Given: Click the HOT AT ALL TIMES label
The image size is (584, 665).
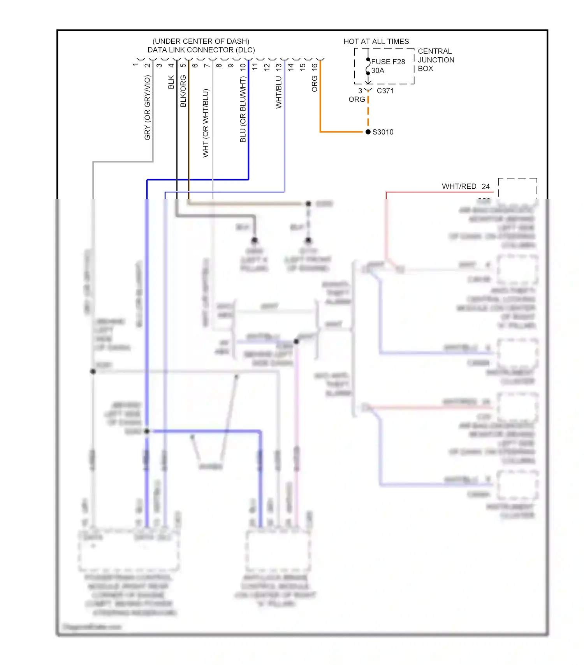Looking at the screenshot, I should tap(376, 41).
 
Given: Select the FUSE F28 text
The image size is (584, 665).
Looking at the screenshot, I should tap(388, 62).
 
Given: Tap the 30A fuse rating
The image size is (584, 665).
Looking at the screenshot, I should tap(378, 71).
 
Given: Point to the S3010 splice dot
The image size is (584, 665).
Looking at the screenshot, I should tap(368, 132).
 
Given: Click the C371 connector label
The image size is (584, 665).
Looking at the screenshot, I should tap(385, 91).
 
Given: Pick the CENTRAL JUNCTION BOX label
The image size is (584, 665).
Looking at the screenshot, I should tap(436, 60).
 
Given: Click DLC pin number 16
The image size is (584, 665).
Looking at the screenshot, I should tap(315, 67).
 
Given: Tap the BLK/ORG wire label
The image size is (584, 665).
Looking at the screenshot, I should tap(183, 91).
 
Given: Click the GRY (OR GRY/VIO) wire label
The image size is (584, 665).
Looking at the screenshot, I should tap(147, 108).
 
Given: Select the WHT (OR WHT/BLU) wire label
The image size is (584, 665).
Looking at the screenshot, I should tap(206, 123).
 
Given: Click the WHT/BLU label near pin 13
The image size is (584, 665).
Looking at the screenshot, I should tap(279, 92).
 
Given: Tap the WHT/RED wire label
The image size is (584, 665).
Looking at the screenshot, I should tap(459, 186).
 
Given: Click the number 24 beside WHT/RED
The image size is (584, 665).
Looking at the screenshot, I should tap(485, 186).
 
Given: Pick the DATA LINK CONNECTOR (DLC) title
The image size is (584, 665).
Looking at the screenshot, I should tap(201, 50).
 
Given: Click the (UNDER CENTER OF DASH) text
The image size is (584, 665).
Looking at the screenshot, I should tap(201, 41).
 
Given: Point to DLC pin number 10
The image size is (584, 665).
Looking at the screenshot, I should tap(243, 67).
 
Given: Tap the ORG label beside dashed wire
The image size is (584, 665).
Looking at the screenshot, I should tap(357, 99).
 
